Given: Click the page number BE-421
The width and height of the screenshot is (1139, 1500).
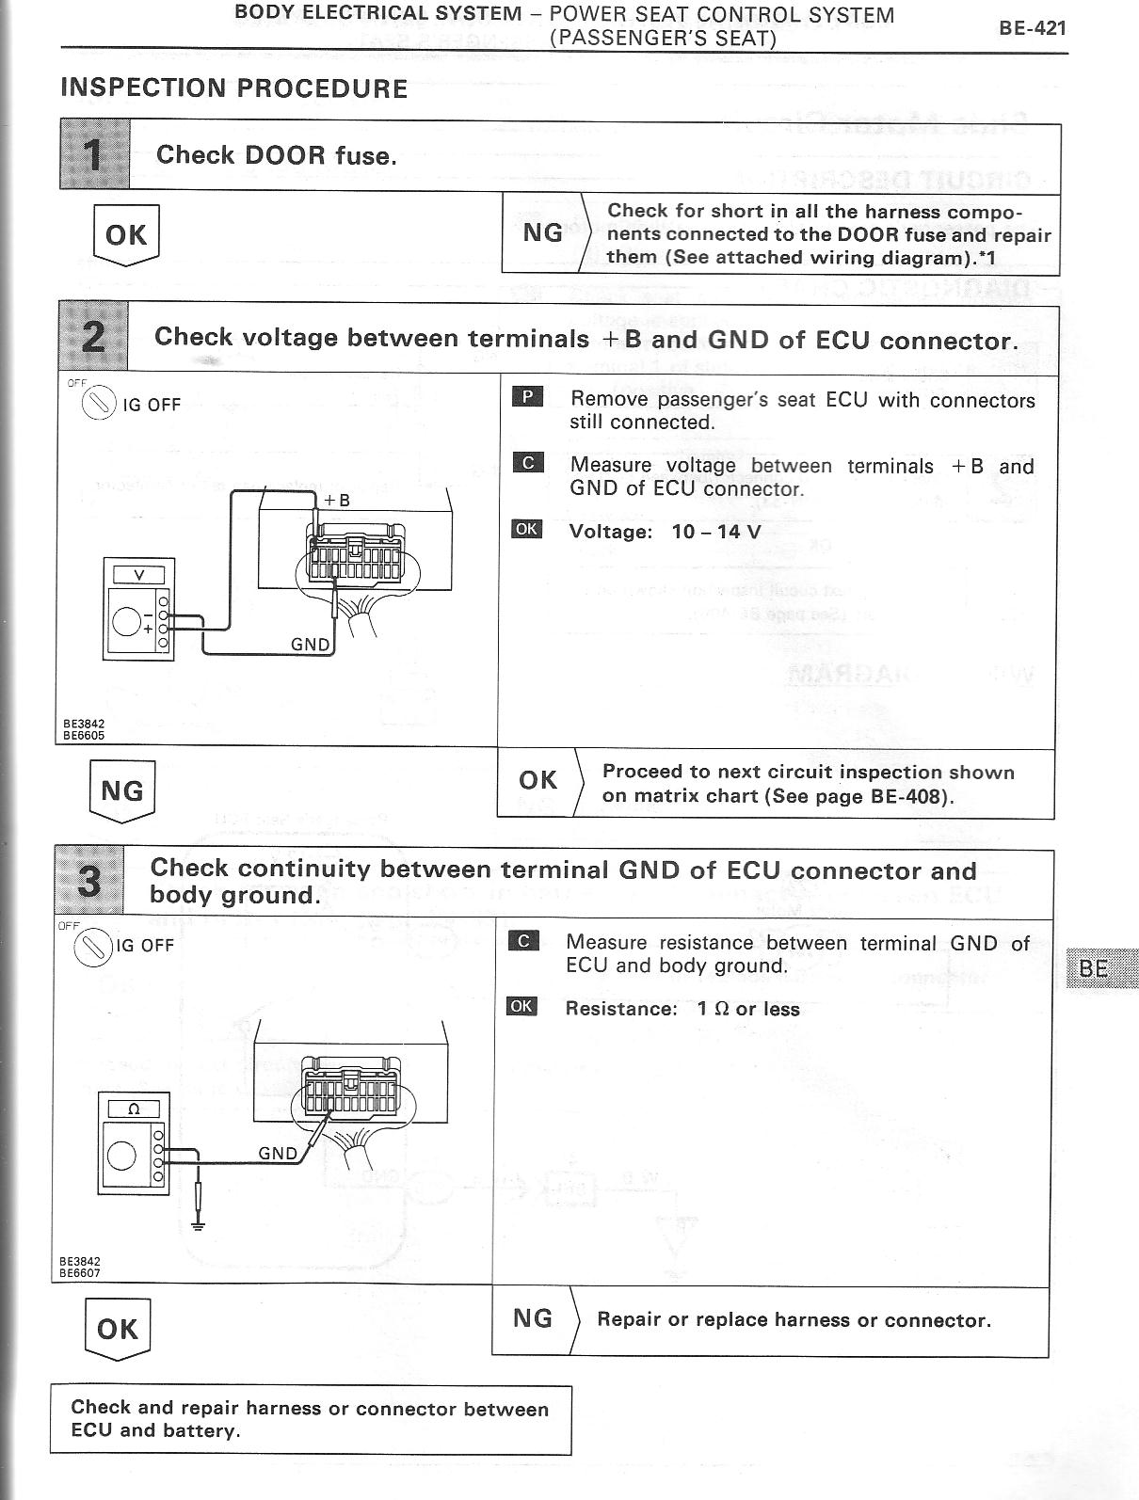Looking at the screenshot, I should (1032, 27).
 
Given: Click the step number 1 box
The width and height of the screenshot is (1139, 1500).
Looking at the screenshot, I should (94, 154).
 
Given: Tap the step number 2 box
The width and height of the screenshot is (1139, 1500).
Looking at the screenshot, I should (92, 337).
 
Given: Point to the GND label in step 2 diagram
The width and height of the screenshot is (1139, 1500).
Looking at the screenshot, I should (310, 645).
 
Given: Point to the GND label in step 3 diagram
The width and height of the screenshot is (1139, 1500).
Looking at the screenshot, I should (278, 1153).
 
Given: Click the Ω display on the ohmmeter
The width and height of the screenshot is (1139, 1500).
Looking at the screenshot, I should (133, 1109).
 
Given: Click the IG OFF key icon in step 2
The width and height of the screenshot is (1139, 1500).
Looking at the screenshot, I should (98, 406).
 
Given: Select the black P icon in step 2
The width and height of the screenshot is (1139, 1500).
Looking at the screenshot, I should (527, 397).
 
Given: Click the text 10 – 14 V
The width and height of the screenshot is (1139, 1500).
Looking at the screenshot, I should (716, 532).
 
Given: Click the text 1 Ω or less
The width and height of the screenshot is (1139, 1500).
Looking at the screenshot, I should (748, 1009).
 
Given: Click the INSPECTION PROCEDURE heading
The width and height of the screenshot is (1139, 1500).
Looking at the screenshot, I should (233, 88).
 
